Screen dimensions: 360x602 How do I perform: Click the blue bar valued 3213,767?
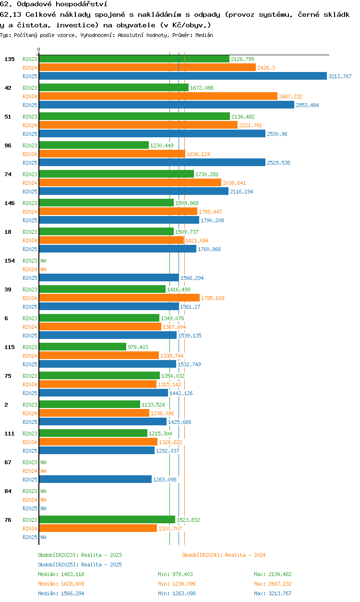tap(183, 76)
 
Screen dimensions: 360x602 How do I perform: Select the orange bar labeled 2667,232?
tap(158, 96)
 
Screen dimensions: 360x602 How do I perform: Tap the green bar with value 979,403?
tap(83, 347)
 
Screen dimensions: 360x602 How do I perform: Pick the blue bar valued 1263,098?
tap(96, 479)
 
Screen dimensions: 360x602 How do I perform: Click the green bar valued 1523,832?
tap(107, 519)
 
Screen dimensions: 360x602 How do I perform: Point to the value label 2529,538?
tap(278, 163)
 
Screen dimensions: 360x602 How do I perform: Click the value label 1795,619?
tap(213, 298)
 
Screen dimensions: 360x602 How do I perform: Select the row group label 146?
tap(10, 203)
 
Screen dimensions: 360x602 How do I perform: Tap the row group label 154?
tap(10, 260)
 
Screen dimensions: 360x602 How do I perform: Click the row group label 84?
tap(8, 491)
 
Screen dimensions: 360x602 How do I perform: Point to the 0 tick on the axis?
tap(39, 49)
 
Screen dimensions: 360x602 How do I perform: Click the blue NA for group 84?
tap(43, 508)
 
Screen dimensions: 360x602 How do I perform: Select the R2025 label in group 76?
tap(30, 537)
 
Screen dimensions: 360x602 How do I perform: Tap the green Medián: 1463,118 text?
tap(61, 574)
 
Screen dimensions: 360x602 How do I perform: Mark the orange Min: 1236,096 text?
tap(177, 584)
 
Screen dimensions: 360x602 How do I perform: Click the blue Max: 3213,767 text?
tap(273, 593)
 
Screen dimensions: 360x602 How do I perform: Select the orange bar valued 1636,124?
tap(112, 154)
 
